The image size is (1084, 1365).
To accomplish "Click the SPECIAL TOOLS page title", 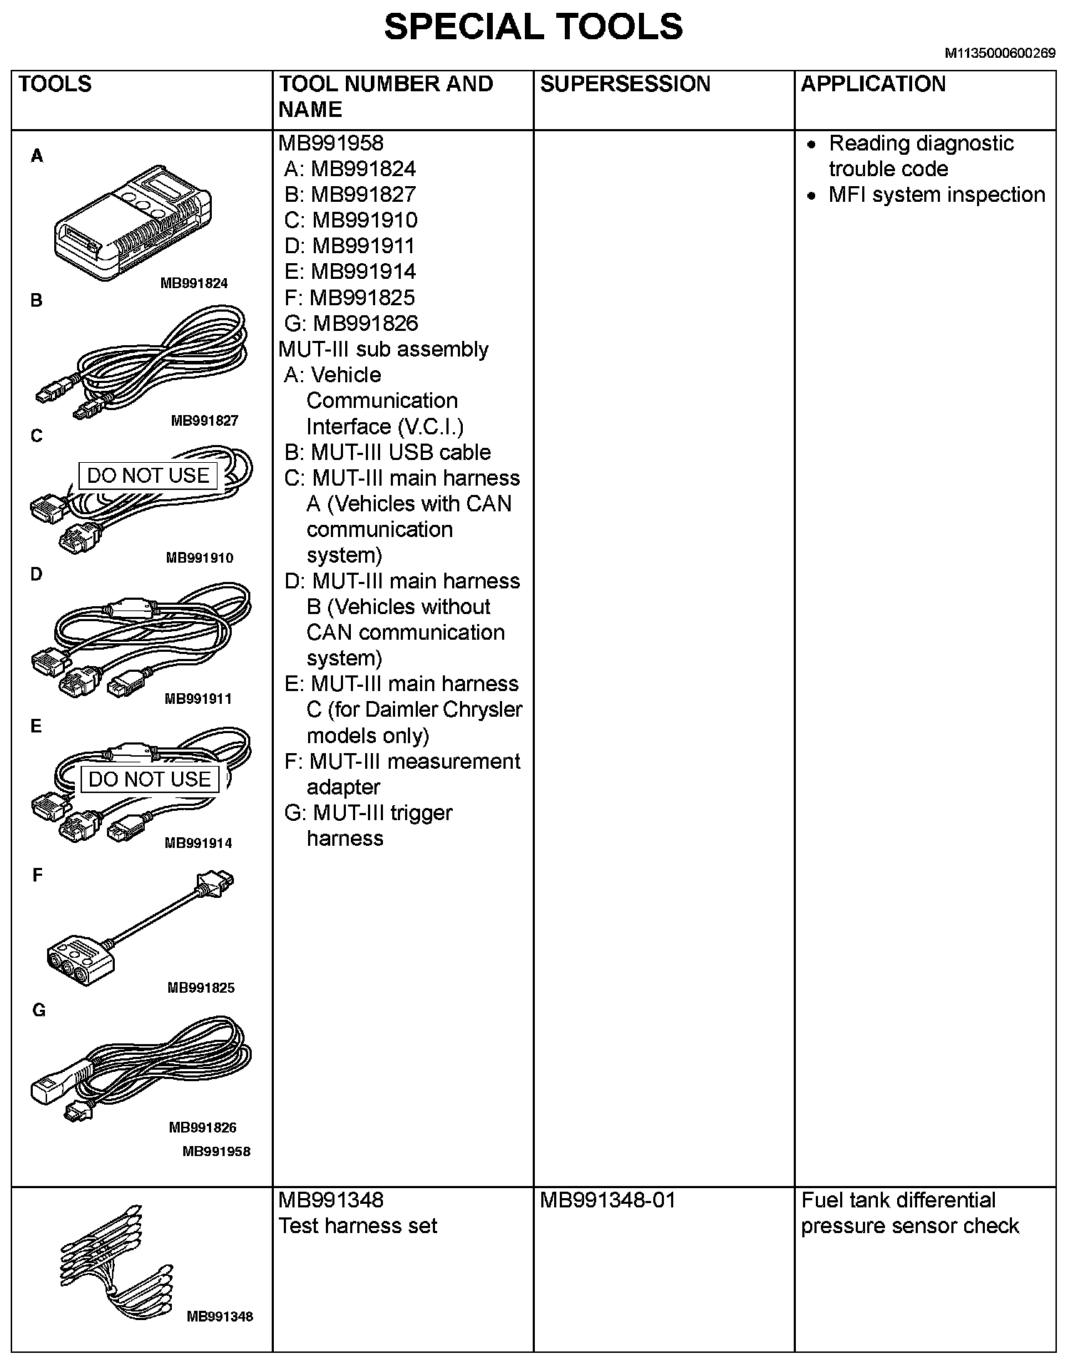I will [x=533, y=27].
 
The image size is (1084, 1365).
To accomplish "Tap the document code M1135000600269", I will [x=1000, y=53].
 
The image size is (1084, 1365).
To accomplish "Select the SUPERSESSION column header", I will [x=625, y=84].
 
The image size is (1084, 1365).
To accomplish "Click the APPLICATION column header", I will [x=873, y=84].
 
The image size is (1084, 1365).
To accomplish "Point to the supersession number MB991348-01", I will [x=607, y=1200].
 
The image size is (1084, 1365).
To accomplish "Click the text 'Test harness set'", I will [x=358, y=1225].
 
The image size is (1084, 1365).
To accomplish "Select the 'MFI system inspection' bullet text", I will [x=936, y=195].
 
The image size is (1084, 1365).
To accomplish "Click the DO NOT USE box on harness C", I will [x=148, y=476].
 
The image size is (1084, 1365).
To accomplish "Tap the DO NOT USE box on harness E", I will [x=150, y=779].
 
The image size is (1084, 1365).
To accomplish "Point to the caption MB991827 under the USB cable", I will [x=204, y=421].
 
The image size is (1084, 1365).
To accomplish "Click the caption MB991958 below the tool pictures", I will [x=216, y=1151].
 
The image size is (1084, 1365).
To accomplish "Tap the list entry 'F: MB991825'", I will [x=349, y=297].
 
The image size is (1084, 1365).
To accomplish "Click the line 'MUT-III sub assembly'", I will [x=384, y=349].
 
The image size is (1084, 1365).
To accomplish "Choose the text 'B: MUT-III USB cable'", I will [x=387, y=452].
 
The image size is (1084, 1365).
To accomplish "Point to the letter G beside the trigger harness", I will [x=39, y=1010].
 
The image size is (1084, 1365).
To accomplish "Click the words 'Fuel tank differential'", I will [x=898, y=1200].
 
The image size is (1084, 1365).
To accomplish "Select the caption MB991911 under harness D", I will [x=198, y=699].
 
